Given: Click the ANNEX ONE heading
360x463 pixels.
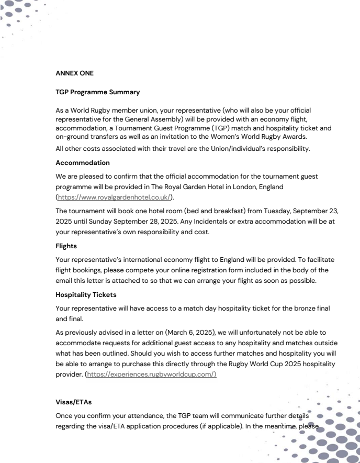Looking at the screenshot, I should [x=74, y=73].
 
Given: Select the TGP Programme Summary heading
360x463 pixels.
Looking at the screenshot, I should [x=98, y=92].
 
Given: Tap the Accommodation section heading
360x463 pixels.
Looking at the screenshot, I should [x=83, y=163].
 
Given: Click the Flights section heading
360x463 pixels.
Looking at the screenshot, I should [x=66, y=246].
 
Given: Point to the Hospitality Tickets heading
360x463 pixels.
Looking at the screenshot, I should [x=86, y=295].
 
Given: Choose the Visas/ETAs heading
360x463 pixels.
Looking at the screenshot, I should [x=74, y=402].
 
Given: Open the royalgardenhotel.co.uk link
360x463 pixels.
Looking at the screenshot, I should [x=115, y=197].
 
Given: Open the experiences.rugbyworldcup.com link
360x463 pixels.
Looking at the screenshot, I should [x=151, y=374].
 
